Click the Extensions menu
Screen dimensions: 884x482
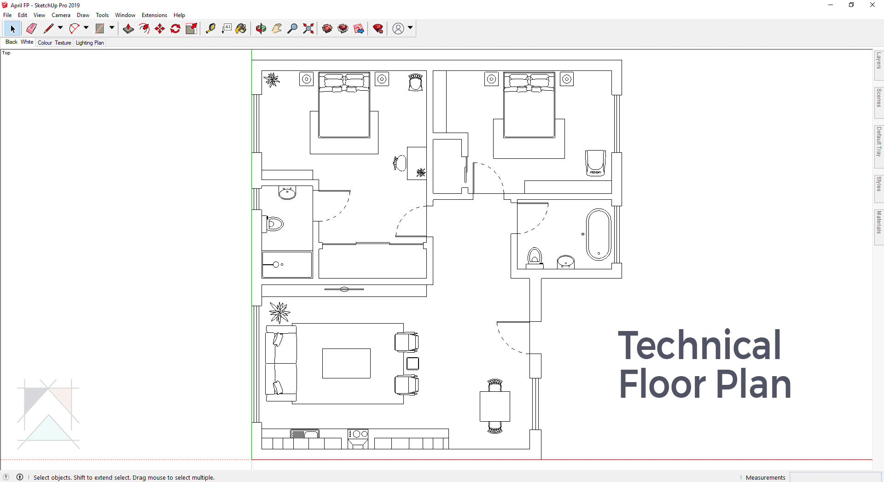click(154, 15)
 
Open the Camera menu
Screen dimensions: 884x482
click(61, 15)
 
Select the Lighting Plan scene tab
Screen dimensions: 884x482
click(90, 43)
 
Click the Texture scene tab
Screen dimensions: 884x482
click(63, 43)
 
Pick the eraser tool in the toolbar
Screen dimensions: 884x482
click(31, 29)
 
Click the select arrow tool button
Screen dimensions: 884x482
click(12, 29)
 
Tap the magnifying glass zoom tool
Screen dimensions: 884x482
click(292, 29)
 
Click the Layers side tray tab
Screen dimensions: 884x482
click(879, 61)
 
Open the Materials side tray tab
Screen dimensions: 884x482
click(879, 223)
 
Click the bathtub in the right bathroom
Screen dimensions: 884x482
click(599, 234)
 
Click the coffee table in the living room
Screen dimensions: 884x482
click(346, 363)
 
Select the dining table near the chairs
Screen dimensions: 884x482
click(495, 406)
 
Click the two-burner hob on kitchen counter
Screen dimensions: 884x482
click(358, 434)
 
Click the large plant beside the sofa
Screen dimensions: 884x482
click(279, 313)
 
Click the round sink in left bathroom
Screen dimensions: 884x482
click(287, 193)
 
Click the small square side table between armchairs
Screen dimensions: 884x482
click(413, 364)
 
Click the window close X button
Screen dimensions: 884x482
click(872, 5)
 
